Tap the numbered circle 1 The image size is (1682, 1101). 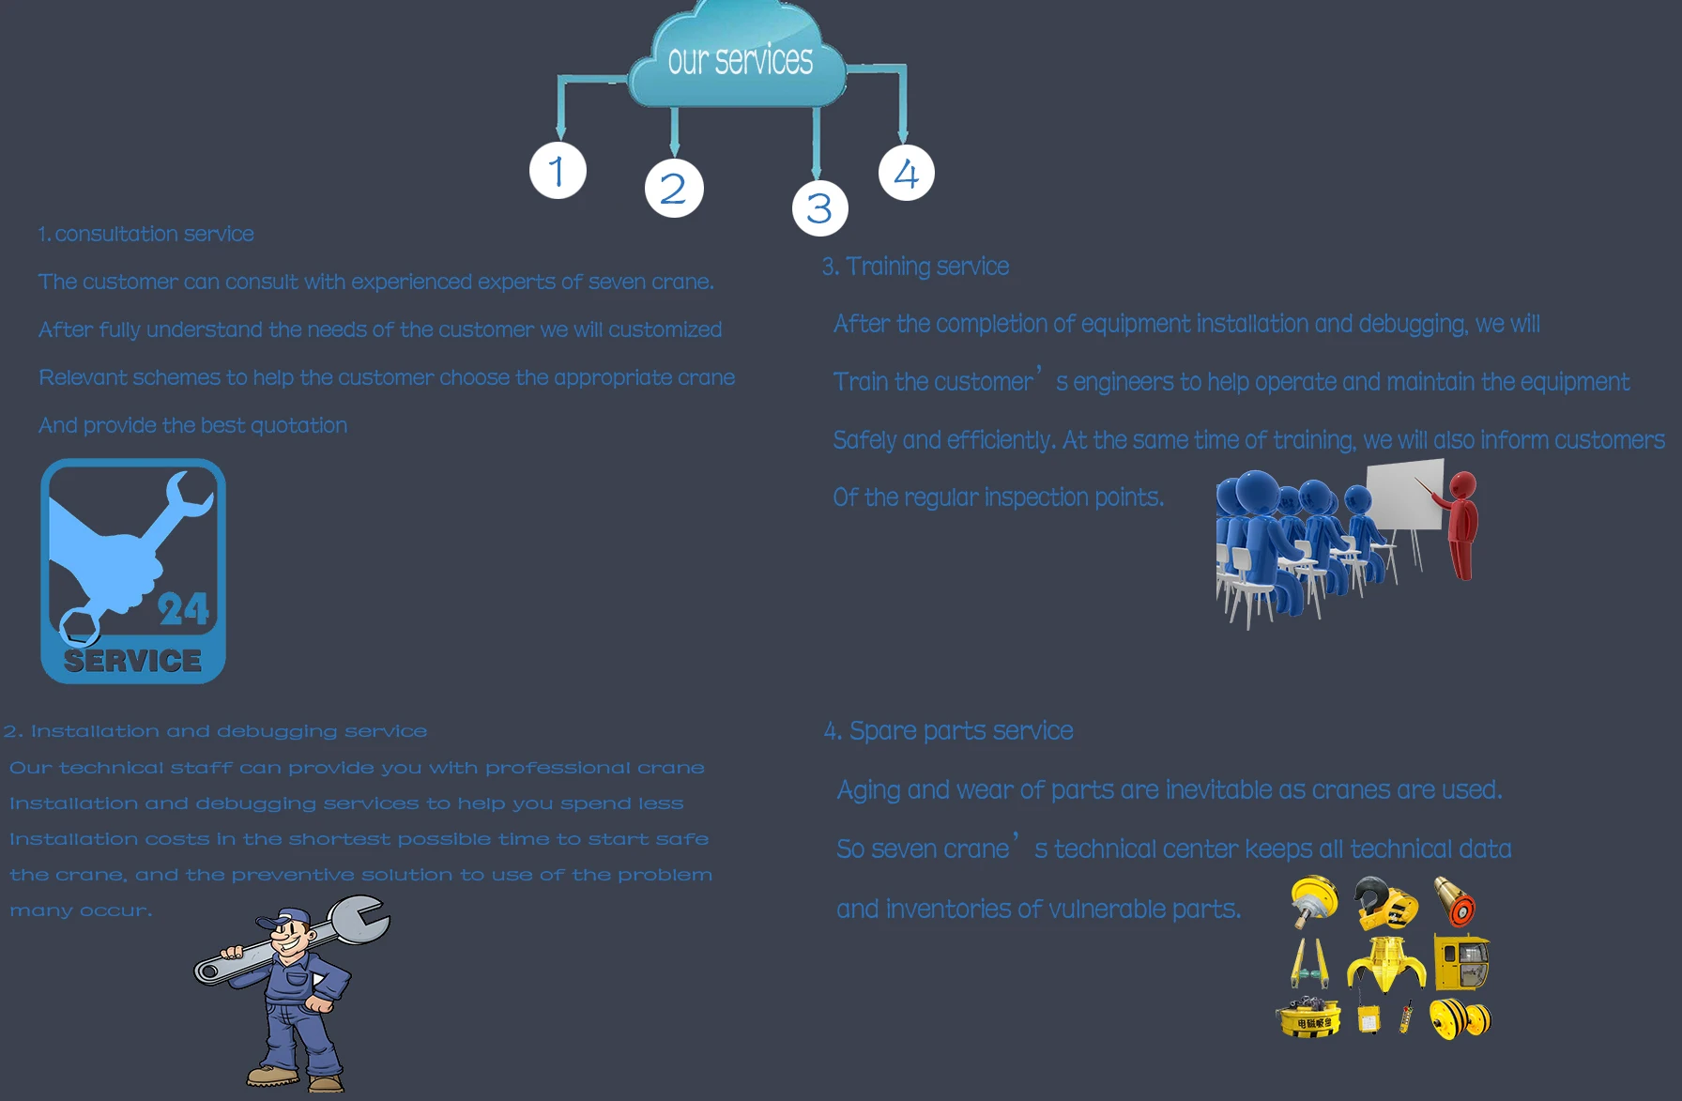558,171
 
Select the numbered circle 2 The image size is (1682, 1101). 674,188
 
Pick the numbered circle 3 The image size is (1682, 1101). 819,207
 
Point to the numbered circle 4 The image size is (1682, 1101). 906,173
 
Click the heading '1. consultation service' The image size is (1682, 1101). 146,234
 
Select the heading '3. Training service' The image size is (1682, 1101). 916,267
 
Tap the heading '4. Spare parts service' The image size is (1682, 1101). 949,730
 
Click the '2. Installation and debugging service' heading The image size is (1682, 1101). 216,731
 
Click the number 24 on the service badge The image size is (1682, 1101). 183,609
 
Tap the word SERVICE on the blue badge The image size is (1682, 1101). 132,661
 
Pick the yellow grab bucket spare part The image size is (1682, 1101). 1386,963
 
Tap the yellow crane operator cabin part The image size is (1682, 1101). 1461,962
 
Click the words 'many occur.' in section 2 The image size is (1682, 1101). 81,910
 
